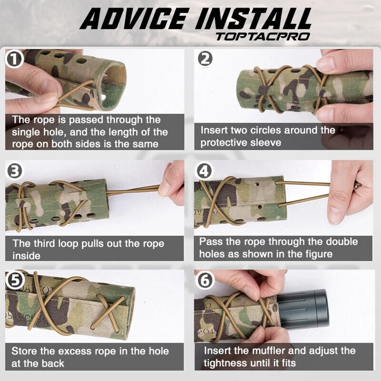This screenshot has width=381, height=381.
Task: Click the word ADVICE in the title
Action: pyautogui.click(x=134, y=19)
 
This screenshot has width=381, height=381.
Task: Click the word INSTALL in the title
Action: pyautogui.click(x=253, y=19)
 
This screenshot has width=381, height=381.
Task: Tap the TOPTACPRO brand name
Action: pyautogui.click(x=263, y=37)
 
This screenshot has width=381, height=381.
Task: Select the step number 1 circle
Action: pyautogui.click(x=14, y=59)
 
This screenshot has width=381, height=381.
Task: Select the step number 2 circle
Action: pyautogui.click(x=205, y=59)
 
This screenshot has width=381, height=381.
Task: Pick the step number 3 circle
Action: pyautogui.click(x=14, y=171)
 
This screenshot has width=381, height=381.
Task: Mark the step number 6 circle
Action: pyautogui.click(x=205, y=280)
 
